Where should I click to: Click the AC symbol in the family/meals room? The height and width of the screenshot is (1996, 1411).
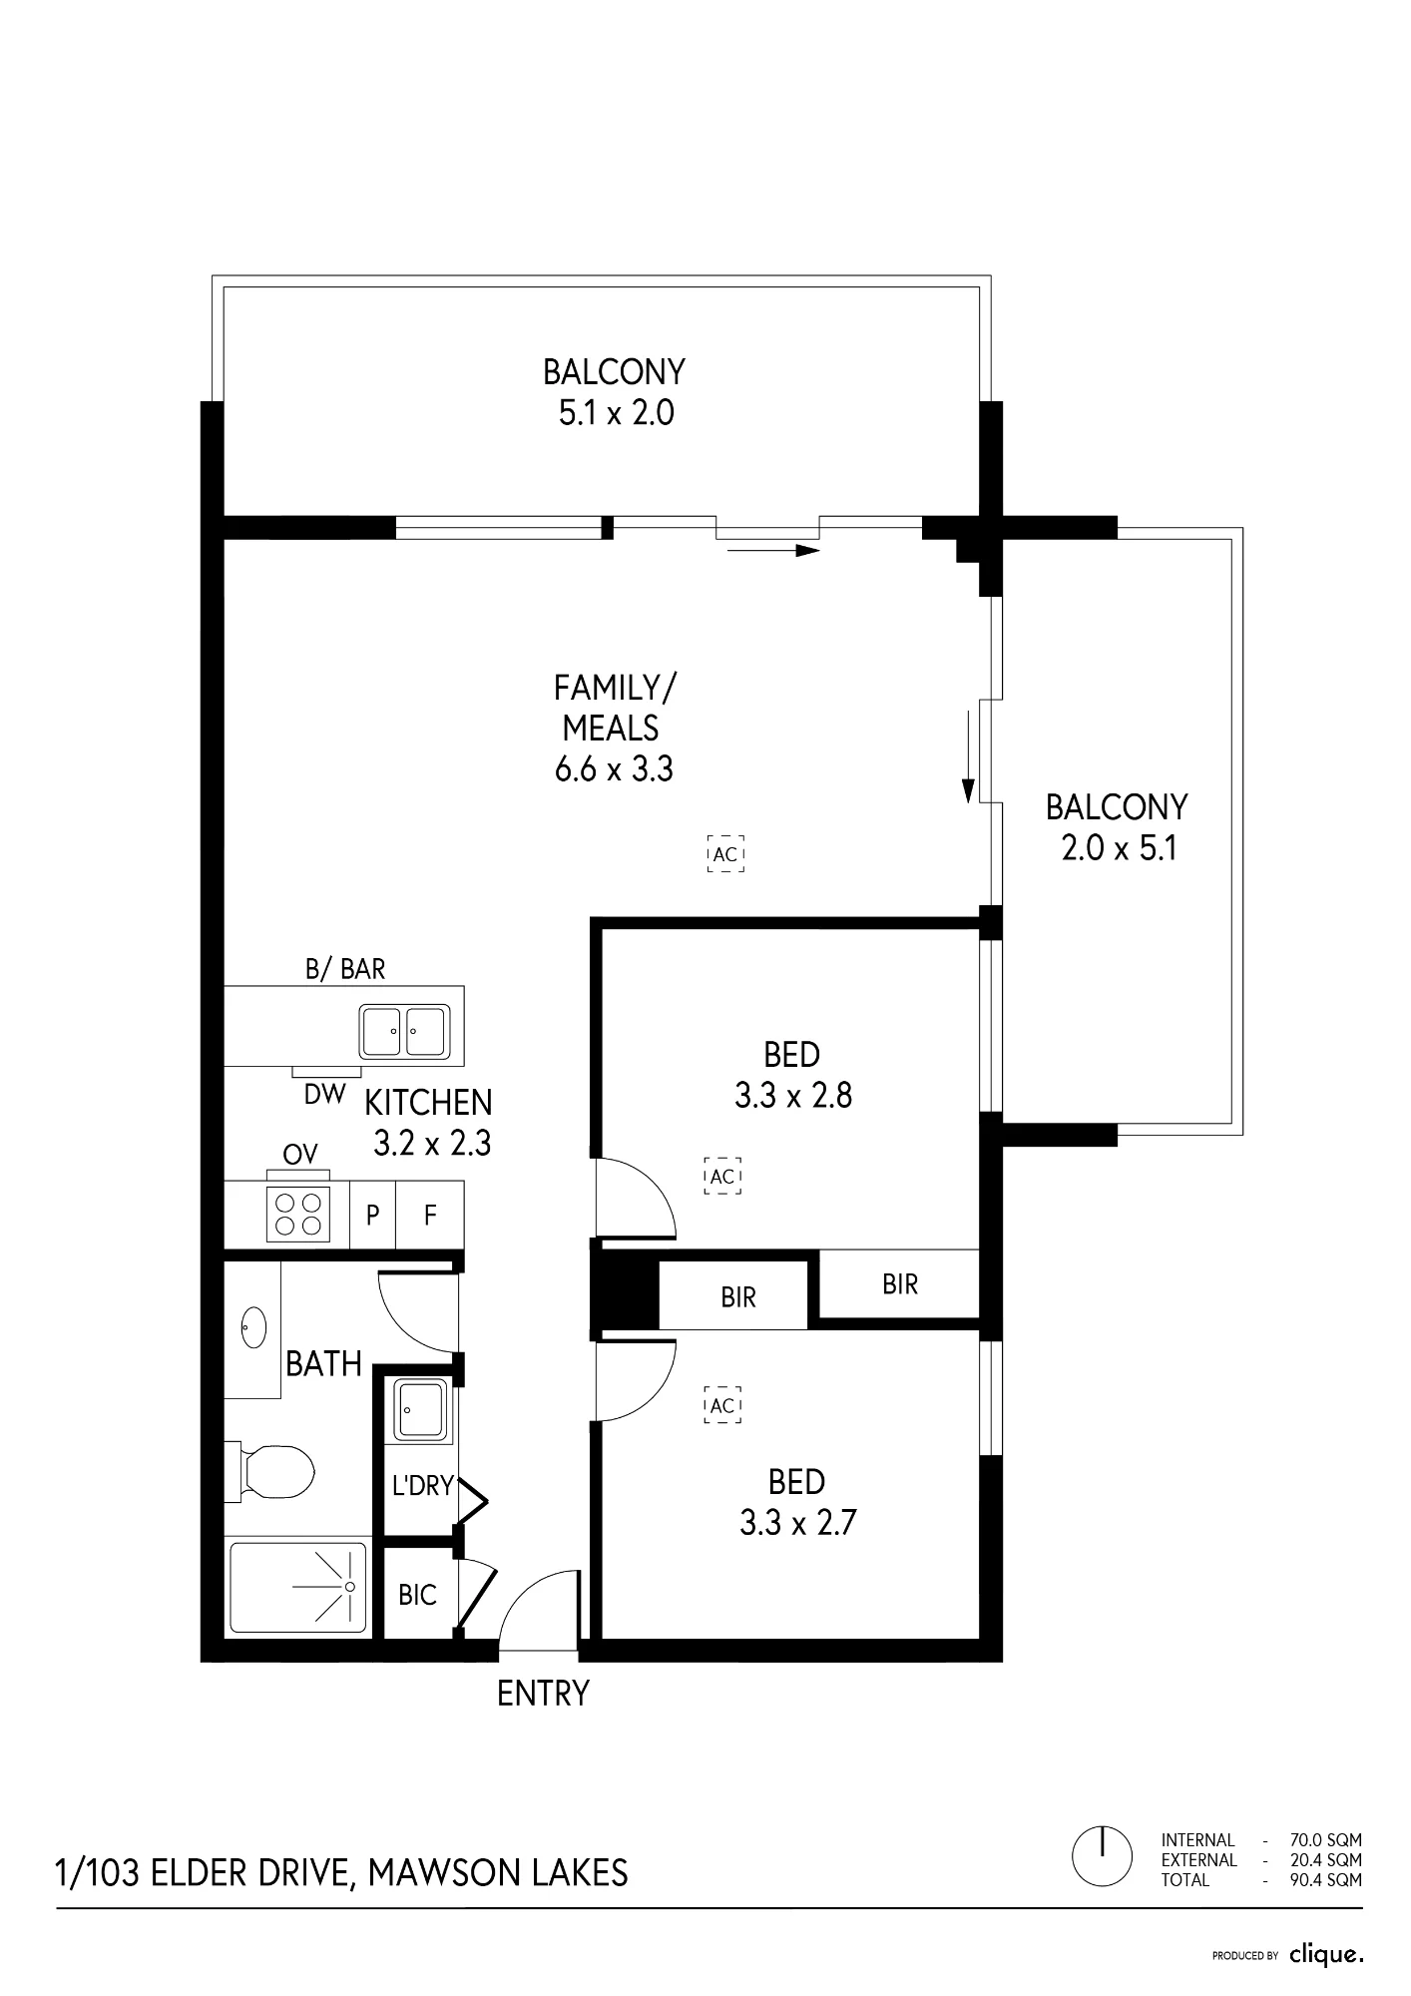(x=725, y=854)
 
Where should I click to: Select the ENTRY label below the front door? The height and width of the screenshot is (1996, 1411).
(x=543, y=1693)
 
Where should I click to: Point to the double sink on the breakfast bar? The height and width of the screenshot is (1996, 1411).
(x=404, y=1031)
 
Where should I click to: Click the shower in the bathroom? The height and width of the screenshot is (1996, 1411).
(x=298, y=1587)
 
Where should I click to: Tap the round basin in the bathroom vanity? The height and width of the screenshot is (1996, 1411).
(x=253, y=1327)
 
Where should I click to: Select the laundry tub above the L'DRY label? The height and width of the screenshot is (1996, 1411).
(x=423, y=1409)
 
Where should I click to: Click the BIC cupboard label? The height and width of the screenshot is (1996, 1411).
(x=417, y=1595)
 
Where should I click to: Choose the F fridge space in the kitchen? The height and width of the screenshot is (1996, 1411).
(x=430, y=1215)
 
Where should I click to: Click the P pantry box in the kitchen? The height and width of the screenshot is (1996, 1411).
(x=372, y=1215)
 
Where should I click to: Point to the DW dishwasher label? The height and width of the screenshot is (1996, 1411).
(x=324, y=1094)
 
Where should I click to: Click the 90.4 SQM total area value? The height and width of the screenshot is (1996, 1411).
(x=1325, y=1880)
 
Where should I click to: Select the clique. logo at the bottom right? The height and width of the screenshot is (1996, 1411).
(x=1325, y=1955)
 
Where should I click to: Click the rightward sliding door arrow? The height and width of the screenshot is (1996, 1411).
(x=773, y=550)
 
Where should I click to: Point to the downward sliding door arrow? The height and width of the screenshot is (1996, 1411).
(x=967, y=756)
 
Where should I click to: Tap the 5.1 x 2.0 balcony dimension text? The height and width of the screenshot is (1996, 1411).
(x=616, y=412)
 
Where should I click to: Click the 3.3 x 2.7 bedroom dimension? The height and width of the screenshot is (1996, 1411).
(x=798, y=1523)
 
